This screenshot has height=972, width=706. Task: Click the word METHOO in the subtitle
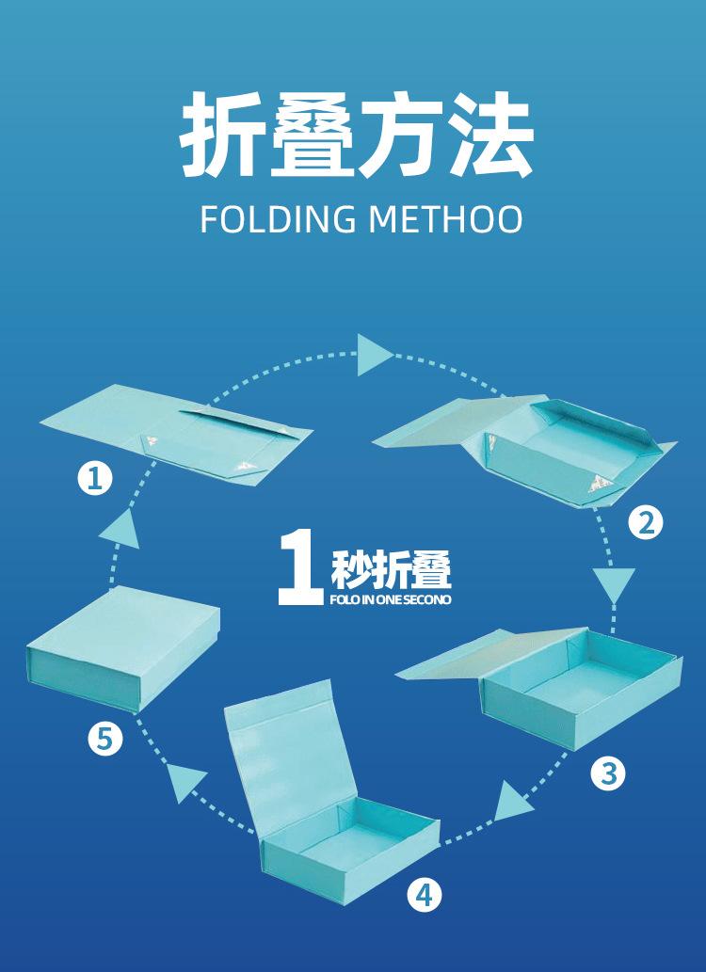pyautogui.click(x=445, y=218)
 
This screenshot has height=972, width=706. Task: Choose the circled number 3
pyautogui.click(x=608, y=773)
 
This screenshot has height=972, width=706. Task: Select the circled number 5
pyautogui.click(x=104, y=739)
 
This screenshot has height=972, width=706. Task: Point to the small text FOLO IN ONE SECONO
pyautogui.click(x=391, y=599)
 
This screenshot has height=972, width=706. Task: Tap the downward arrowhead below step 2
pyautogui.click(x=614, y=584)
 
